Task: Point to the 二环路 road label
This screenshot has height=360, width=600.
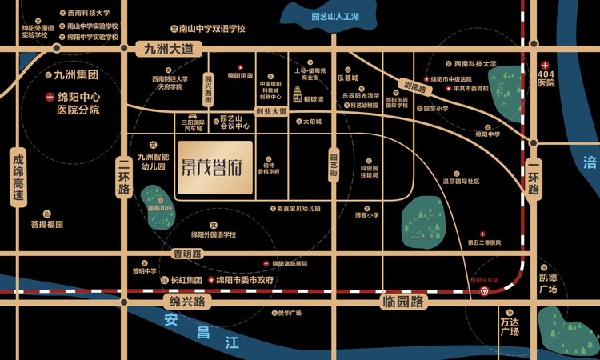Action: click(x=123, y=177)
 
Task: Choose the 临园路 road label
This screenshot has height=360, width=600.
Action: click(x=403, y=302)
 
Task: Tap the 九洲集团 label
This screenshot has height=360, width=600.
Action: click(x=76, y=76)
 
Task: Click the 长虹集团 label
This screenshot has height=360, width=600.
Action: click(x=184, y=281)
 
